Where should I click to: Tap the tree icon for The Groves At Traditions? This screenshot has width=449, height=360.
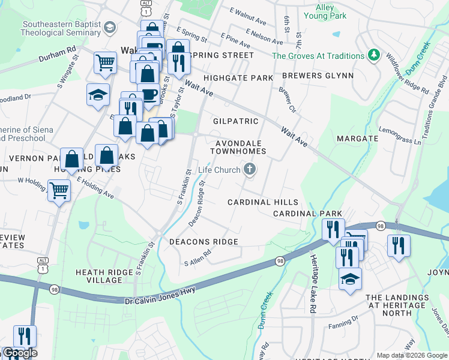click(x=375, y=56)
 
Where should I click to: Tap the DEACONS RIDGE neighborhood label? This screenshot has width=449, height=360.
click(x=203, y=242)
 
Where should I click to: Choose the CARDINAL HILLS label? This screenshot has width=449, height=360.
click(x=262, y=202)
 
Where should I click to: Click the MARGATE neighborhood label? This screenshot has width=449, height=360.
click(x=357, y=139)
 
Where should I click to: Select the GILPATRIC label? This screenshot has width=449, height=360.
click(x=236, y=121)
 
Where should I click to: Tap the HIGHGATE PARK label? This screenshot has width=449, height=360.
click(x=238, y=78)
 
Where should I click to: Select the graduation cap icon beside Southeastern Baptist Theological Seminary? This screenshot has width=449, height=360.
click(x=109, y=28)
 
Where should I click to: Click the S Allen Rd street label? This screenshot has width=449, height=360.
click(x=199, y=258)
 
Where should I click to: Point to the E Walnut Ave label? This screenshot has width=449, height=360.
click(x=247, y=16)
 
